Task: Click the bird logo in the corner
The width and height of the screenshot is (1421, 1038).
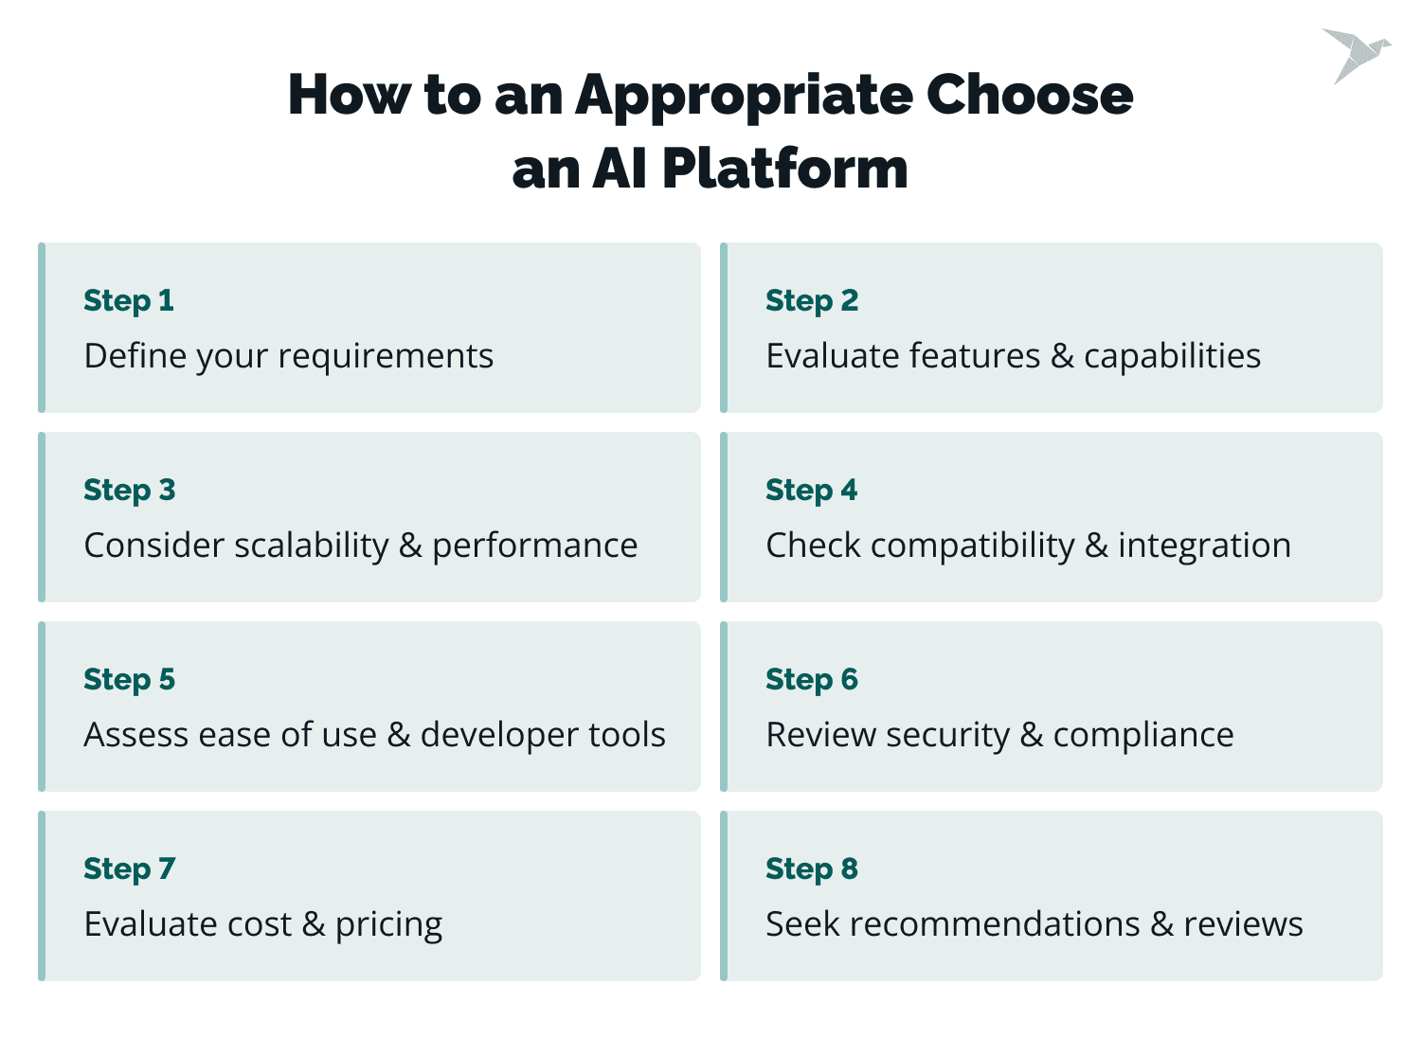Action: click(1355, 54)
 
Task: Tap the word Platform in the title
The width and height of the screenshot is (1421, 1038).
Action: click(784, 170)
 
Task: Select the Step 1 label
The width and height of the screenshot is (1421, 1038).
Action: click(129, 301)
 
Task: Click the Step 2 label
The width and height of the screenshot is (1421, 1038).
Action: click(812, 301)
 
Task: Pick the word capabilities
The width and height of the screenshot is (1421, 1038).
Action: click(1172, 357)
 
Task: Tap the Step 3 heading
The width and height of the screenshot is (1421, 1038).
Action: click(130, 491)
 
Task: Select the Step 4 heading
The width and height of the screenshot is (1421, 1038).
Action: click(812, 491)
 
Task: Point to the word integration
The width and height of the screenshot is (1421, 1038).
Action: click(1204, 546)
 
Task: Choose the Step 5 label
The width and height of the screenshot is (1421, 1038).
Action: click(130, 680)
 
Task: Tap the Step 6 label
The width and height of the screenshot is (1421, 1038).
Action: click(812, 680)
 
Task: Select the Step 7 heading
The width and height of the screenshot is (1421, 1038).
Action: click(130, 869)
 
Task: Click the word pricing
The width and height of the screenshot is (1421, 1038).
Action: click(388, 925)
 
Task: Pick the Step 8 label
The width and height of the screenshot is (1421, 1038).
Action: click(812, 869)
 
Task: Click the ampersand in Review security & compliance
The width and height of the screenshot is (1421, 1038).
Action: click(1032, 736)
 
